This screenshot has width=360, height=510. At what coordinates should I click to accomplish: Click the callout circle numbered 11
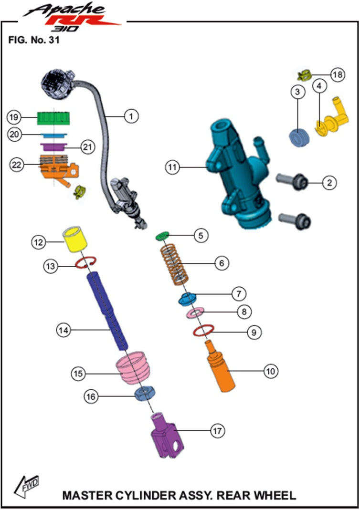tap(172, 167)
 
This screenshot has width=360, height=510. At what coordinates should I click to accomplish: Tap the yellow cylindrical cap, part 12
tap(74, 239)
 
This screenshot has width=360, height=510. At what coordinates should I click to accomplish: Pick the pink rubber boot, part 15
tap(133, 367)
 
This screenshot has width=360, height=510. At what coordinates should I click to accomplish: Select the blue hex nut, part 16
tap(143, 394)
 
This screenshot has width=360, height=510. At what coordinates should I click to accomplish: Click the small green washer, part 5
tap(163, 235)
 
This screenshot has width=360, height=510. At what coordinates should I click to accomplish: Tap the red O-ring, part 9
tap(202, 330)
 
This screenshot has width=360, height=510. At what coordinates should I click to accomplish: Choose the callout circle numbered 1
tap(132, 115)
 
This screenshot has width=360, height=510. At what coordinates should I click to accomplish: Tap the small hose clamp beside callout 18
tap(304, 74)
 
